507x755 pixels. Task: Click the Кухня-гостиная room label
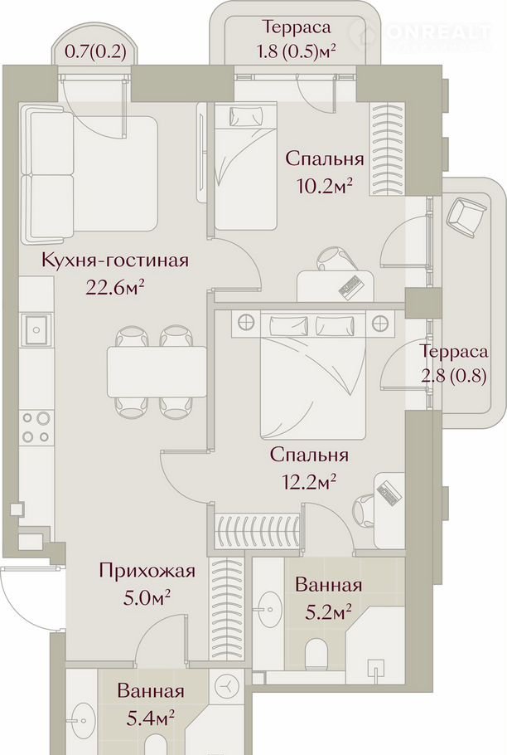click(115, 261)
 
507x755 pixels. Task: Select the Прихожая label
click(147, 572)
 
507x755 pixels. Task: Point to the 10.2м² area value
click(326, 184)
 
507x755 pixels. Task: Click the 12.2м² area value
click(308, 480)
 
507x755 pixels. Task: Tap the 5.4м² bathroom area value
click(150, 718)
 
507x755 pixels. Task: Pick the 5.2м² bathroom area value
click(329, 612)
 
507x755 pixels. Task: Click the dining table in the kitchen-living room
click(157, 371)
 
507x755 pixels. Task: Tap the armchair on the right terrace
click(466, 217)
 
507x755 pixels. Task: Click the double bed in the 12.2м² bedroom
click(312, 376)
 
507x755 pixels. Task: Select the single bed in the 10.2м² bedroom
click(246, 167)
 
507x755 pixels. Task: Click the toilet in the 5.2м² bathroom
click(316, 652)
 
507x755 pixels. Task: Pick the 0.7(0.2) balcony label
click(95, 51)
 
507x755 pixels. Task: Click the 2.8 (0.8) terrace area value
click(453, 375)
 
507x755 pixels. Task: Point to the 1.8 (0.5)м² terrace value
click(296, 51)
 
